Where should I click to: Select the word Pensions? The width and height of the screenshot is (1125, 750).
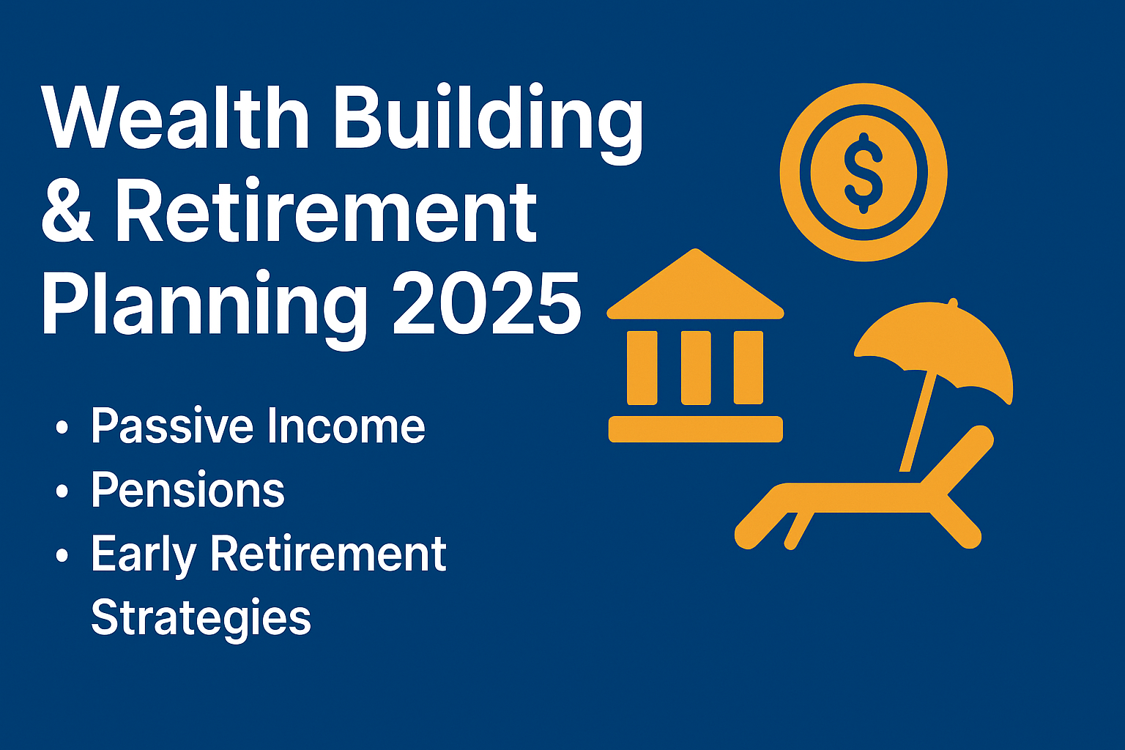coord(187,490)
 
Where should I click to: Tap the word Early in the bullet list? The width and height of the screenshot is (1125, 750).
coord(144,554)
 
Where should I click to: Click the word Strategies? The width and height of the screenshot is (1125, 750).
coord(201,617)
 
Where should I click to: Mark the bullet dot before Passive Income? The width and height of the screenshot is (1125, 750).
coord(62,427)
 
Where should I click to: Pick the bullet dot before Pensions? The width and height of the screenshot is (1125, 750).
coord(62,491)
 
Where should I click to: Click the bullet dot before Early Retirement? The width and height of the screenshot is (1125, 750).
coord(62,554)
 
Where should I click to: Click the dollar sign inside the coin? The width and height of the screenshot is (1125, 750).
coord(864,173)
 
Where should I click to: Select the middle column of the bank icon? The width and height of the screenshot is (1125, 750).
coord(696,368)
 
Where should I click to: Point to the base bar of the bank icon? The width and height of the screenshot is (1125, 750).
coord(695,428)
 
